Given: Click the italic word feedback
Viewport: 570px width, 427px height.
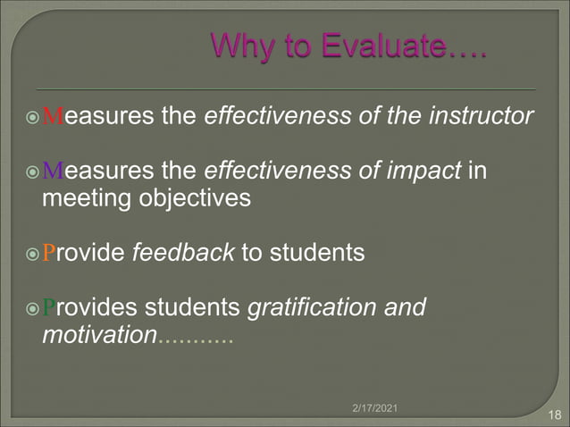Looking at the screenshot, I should (183, 252).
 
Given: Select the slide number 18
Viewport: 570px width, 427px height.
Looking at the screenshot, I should (553, 414).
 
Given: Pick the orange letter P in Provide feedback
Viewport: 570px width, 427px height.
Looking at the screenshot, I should (49, 253).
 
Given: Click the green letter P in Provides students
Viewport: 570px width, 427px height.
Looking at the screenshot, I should (49, 308).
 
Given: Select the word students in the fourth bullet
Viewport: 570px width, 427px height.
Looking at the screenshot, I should (195, 307).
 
